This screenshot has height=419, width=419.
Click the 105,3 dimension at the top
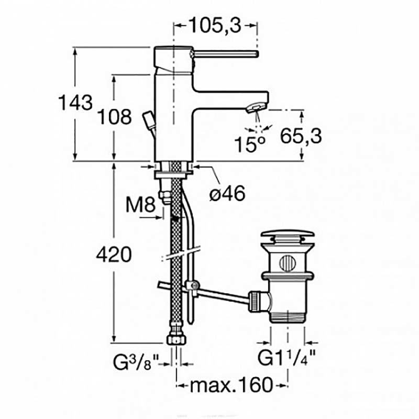click(x=215, y=26)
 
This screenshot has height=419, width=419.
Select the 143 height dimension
click(x=75, y=102)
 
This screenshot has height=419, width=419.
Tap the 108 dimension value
click(x=114, y=117)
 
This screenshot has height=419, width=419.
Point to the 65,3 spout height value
click(x=301, y=136)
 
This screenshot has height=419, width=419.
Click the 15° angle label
click(x=250, y=145)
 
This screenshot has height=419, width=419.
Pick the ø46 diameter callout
click(x=227, y=193)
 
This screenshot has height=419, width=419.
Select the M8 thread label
click(x=140, y=205)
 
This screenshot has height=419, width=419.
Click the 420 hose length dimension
click(x=114, y=255)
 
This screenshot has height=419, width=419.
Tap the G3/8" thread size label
click(x=136, y=362)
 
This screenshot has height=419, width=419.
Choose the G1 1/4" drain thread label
click(x=286, y=357)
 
